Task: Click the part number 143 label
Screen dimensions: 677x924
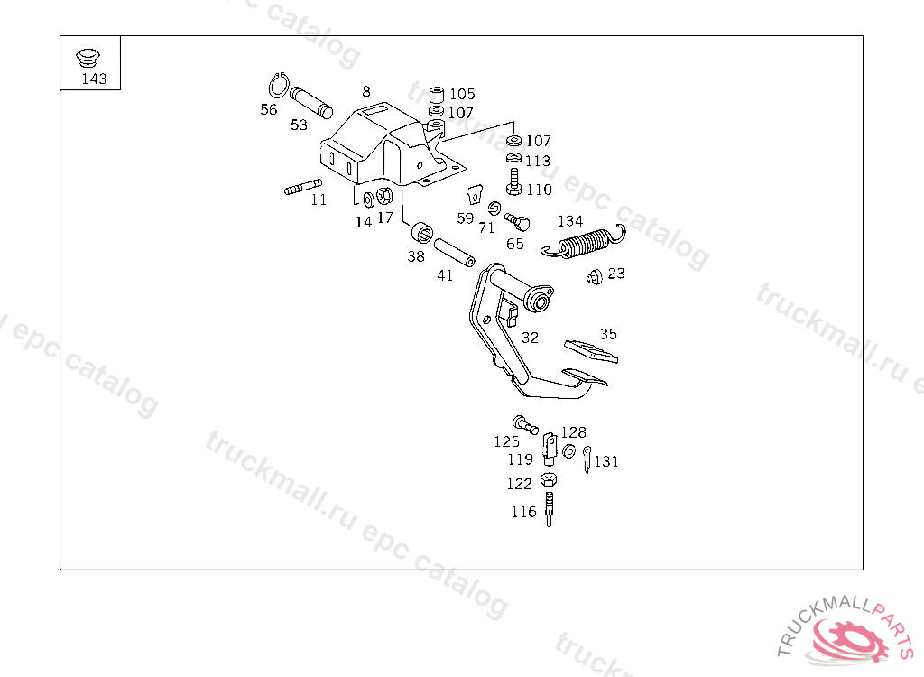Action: coord(94,79)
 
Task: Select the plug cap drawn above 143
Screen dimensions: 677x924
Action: coord(87,57)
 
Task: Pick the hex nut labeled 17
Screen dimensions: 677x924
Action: coord(383,196)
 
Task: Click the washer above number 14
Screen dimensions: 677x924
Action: coord(368,199)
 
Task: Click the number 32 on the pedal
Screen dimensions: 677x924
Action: coord(530,338)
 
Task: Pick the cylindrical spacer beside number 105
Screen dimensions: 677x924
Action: coord(436,95)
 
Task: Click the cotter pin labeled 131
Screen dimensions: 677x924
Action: coord(587,459)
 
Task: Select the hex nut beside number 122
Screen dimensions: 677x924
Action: coord(548,480)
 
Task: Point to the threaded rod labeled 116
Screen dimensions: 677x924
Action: coord(548,508)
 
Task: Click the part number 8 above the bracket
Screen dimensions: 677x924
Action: coord(366,91)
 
